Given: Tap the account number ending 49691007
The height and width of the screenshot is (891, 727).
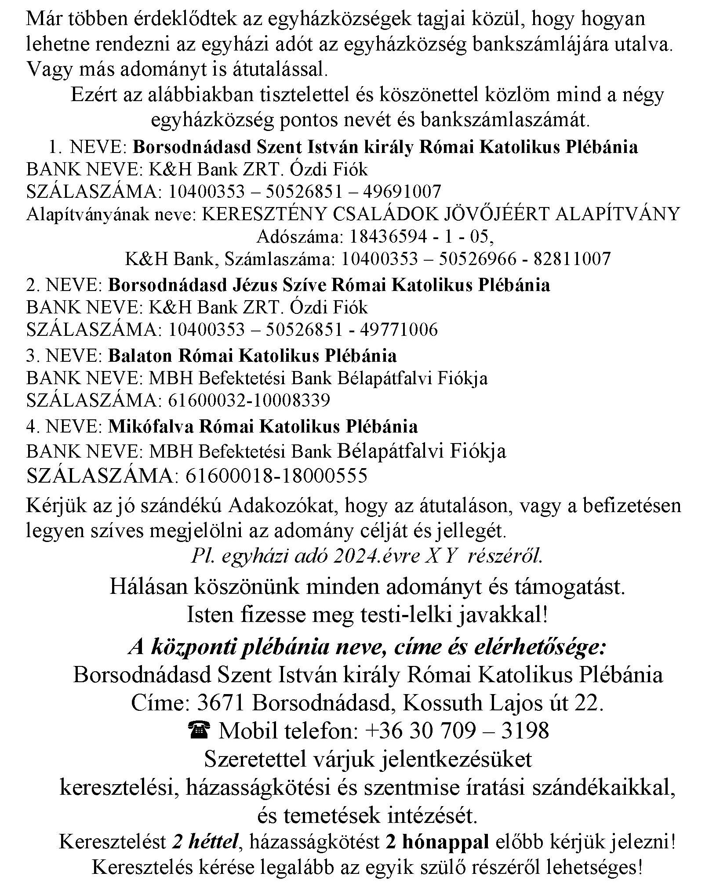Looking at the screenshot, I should coord(305,192).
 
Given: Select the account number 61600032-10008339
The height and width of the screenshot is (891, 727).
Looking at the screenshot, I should coord(249,400).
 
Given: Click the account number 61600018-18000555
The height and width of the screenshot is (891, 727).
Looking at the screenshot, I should coord(276,476).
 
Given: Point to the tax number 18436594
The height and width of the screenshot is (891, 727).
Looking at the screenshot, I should coord(388,237).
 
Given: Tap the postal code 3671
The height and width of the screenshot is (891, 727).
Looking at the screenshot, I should coord(221,704).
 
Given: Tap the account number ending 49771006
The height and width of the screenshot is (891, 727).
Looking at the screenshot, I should coord(303,330).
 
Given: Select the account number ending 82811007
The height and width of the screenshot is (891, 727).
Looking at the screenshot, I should coord(476,259).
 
